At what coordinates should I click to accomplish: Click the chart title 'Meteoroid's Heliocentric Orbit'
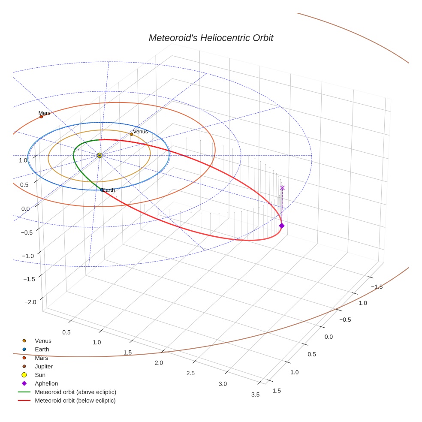[x=211, y=38]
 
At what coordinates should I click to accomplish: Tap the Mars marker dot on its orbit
[x=41, y=117]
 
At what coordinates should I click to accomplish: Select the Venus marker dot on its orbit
[x=131, y=134]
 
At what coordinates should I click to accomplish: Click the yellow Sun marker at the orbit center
[x=99, y=155]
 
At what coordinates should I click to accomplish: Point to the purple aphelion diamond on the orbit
[x=282, y=226]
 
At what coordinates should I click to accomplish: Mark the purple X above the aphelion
[x=282, y=188]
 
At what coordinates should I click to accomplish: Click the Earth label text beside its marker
[x=109, y=190]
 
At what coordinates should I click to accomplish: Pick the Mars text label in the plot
[x=44, y=113]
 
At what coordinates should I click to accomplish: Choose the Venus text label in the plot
[x=140, y=132]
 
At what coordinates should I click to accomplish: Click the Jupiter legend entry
[x=43, y=366]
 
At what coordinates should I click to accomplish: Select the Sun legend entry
[x=40, y=375]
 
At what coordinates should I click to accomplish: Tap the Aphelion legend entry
[x=46, y=383]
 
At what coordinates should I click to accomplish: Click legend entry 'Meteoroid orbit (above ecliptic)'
[x=75, y=392]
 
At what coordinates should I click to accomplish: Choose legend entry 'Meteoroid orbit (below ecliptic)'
[x=75, y=401]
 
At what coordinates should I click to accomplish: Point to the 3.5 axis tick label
[x=256, y=395]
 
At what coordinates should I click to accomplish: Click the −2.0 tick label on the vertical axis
[x=30, y=302]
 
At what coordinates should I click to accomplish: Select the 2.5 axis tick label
[x=190, y=373]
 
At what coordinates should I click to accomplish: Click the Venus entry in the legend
[x=43, y=341]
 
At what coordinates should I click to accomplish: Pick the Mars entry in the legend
[x=41, y=358]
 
